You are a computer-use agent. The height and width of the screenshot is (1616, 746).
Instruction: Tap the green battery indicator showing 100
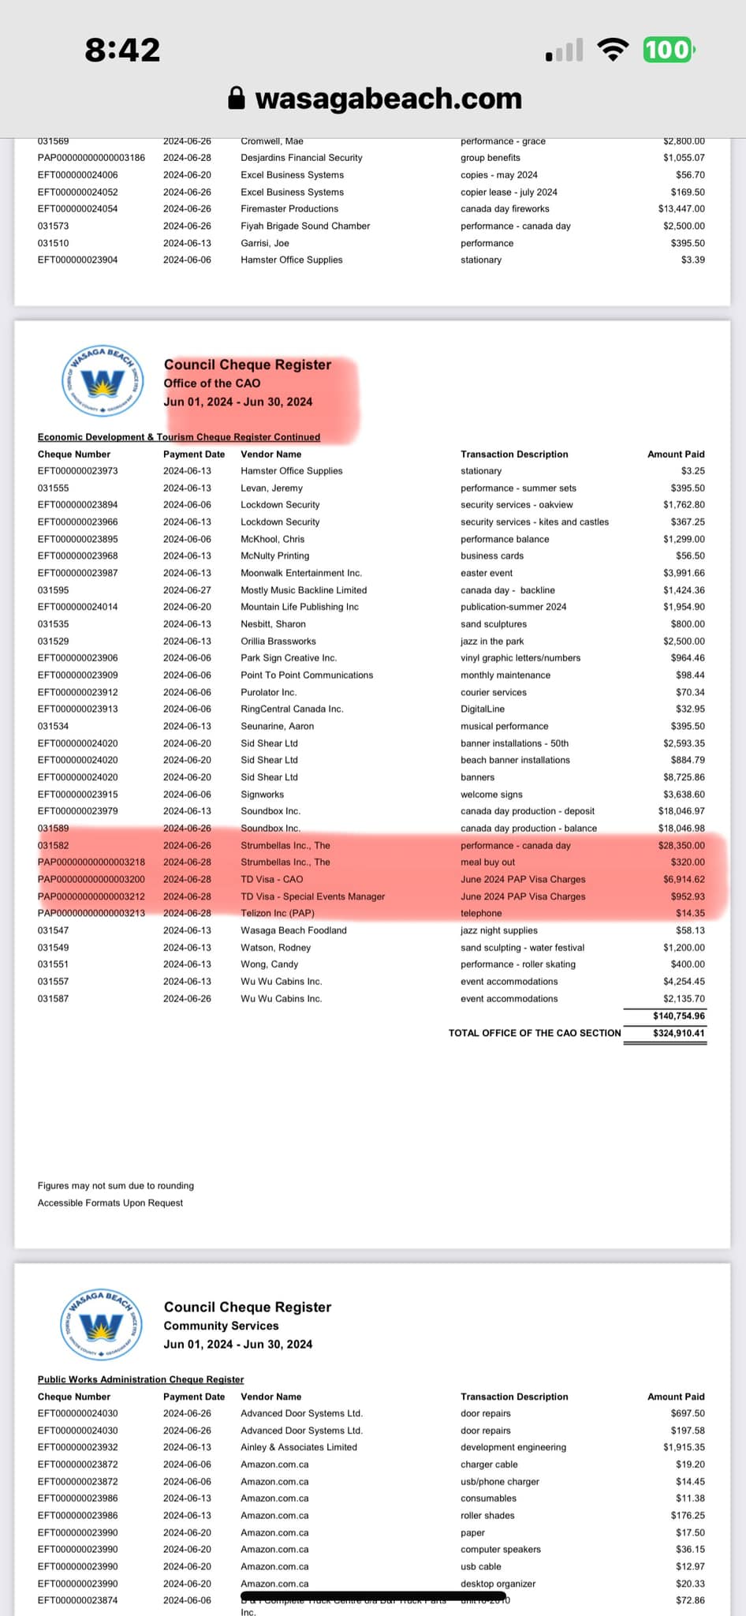[668, 50]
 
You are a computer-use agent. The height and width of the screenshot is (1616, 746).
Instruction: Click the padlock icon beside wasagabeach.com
[236, 98]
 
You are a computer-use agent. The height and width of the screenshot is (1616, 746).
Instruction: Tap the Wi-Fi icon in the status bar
[613, 49]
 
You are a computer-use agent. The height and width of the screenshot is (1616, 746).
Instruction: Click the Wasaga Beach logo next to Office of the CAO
[103, 382]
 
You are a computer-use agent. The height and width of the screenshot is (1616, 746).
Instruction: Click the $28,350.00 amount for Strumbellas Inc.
[682, 845]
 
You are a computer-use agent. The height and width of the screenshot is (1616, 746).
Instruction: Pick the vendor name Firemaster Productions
[289, 209]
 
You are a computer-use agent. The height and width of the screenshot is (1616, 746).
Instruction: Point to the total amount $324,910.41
[679, 1033]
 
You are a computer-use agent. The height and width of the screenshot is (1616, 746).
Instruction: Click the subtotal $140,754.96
[679, 1016]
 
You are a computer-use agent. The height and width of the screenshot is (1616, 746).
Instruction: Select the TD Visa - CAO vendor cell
[271, 879]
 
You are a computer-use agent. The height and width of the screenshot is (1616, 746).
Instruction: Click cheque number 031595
[54, 590]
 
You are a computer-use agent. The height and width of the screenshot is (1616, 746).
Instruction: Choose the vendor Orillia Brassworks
[278, 642]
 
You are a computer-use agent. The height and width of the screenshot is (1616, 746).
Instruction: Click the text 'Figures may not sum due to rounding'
[116, 1185]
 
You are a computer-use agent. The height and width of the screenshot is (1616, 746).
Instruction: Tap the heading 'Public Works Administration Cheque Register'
[140, 1379]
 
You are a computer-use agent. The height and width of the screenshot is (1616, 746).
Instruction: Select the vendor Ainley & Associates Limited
[299, 1447]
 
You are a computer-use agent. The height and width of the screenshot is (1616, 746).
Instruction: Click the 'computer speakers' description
[501, 1549]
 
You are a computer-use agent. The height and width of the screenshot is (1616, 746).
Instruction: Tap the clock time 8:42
[122, 50]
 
